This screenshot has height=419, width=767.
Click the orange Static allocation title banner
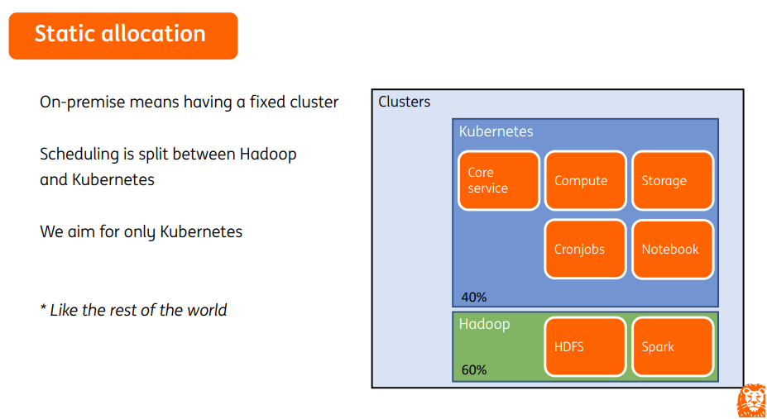click(x=122, y=35)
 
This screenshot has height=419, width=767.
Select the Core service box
click(x=498, y=180)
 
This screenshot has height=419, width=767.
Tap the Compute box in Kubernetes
click(x=585, y=180)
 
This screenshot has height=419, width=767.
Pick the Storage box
click(x=672, y=180)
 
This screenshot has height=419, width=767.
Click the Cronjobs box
click(x=585, y=249)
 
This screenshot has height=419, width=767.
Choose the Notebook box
click(x=672, y=249)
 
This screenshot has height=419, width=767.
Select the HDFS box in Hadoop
click(x=585, y=346)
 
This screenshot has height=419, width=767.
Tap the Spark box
click(x=672, y=346)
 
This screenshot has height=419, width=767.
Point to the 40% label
click(x=474, y=297)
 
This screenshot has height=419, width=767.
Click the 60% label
click(x=474, y=369)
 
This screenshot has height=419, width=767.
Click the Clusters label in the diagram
click(x=404, y=102)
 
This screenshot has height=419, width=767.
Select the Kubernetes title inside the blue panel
click(x=496, y=131)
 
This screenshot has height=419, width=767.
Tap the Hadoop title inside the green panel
click(x=484, y=324)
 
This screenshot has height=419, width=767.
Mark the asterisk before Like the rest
click(x=43, y=309)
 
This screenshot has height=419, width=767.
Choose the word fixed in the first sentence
click(x=267, y=102)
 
